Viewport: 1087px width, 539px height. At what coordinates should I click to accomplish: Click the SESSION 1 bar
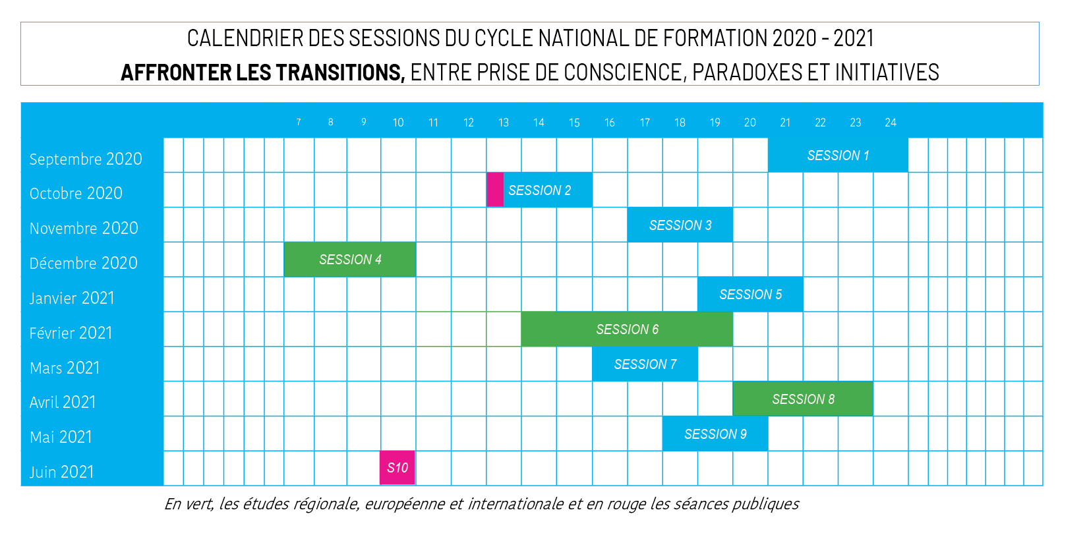(838, 156)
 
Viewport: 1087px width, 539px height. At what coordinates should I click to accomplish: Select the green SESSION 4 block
(350, 260)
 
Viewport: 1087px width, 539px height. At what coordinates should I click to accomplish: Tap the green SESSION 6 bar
(627, 329)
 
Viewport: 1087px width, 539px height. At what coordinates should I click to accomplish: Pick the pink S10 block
(397, 468)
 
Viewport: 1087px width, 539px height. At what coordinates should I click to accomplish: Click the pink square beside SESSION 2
(495, 190)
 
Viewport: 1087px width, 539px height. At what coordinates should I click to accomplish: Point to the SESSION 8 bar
(803, 399)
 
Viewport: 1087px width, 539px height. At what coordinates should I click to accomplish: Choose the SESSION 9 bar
(715, 434)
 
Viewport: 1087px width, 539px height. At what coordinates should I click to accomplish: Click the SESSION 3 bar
(680, 225)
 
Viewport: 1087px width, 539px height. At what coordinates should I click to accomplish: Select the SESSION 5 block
(750, 295)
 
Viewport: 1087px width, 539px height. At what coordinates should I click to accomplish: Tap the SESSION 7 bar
(645, 364)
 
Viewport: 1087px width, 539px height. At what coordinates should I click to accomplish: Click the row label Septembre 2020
(86, 159)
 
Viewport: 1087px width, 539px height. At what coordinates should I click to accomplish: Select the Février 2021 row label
(71, 333)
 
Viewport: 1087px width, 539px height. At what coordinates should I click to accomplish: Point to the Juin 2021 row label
(62, 472)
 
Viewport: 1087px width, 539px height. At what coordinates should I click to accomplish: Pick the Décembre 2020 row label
(84, 263)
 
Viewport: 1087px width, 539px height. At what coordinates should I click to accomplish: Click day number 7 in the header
(299, 123)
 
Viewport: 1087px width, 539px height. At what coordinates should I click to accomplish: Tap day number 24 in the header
(891, 123)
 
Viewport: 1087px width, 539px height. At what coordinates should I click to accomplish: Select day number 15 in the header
(574, 123)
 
